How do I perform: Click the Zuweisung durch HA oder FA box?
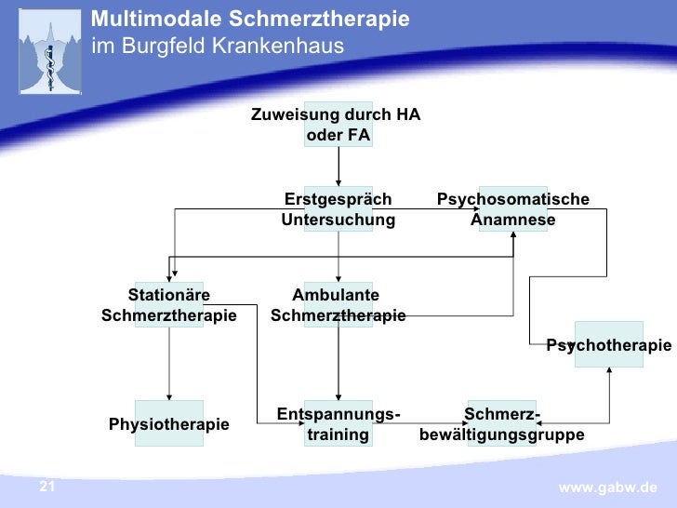(338, 126)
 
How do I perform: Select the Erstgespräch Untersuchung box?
(338, 209)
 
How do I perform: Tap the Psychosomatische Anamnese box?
(513, 209)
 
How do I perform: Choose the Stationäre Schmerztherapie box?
(168, 305)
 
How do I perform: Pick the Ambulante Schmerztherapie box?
(338, 305)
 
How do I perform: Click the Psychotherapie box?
(609, 345)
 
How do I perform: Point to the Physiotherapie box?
(168, 424)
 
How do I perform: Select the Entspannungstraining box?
(338, 424)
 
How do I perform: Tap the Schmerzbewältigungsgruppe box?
(502, 424)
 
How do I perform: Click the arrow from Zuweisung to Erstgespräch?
(338, 167)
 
